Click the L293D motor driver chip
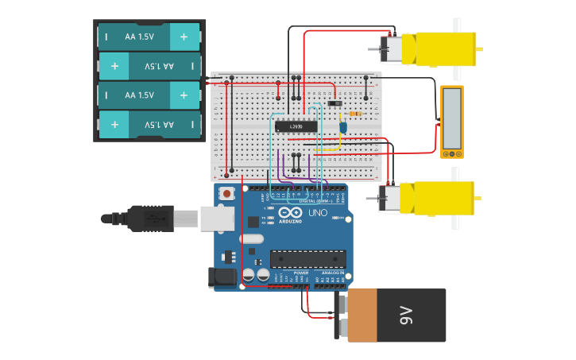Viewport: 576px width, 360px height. (x=296, y=126)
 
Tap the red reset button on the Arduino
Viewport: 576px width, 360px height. (x=227, y=193)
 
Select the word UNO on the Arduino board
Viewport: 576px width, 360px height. (x=318, y=213)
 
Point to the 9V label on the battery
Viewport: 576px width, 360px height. (x=406, y=315)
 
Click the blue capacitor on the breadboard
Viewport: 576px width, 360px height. (x=343, y=126)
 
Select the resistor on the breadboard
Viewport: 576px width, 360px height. (x=354, y=114)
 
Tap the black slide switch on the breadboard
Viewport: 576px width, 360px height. (x=334, y=103)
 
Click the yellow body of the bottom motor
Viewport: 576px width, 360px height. (x=437, y=198)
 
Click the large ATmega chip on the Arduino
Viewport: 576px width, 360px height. (x=307, y=259)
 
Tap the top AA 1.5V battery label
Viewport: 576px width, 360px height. (x=140, y=36)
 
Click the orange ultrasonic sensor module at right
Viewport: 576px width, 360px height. (x=451, y=122)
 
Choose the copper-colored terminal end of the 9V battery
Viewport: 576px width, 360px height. (x=362, y=315)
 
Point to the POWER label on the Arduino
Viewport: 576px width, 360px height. (x=301, y=273)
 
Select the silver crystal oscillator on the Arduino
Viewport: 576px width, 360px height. (x=251, y=238)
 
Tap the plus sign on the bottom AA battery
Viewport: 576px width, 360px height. (x=115, y=125)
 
